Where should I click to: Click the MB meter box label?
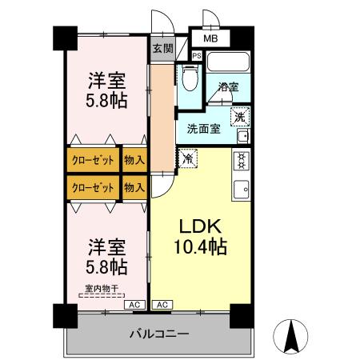210,38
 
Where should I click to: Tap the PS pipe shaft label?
197,55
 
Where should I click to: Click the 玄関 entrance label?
162,48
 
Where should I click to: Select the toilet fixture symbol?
189,78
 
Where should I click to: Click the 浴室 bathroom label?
226,88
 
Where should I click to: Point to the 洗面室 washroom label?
204,128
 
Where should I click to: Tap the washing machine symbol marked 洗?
239,117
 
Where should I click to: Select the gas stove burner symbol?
240,162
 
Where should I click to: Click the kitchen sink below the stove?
240,190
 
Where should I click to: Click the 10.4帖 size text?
202,248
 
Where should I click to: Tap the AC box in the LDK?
161,305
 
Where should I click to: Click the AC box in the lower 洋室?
134,305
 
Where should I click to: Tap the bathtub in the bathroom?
229,63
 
